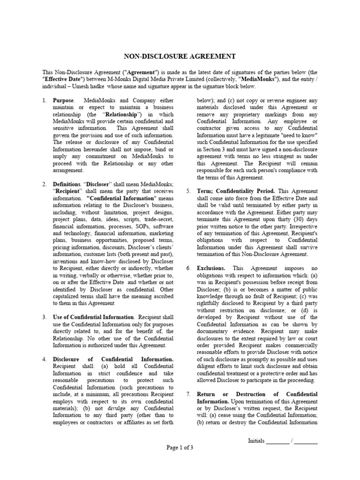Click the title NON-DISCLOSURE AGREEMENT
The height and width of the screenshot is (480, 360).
click(x=180, y=57)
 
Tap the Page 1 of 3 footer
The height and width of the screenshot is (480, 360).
click(x=180, y=448)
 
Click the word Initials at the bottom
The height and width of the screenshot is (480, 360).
click(x=256, y=441)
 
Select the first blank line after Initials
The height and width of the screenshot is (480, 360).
click(x=278, y=442)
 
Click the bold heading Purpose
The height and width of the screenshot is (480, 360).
click(x=63, y=101)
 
